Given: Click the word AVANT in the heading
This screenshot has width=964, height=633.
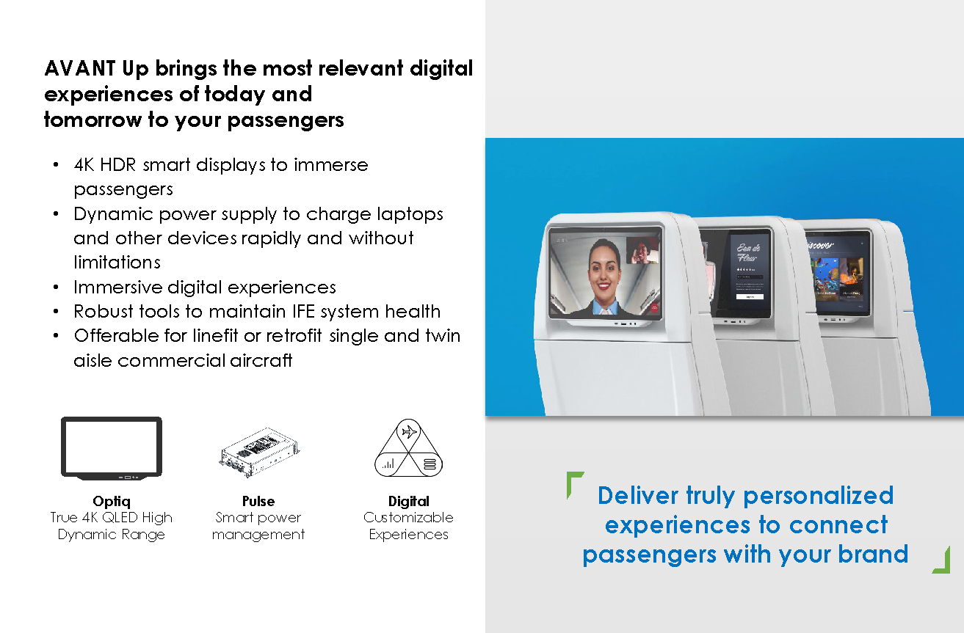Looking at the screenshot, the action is tap(80, 68).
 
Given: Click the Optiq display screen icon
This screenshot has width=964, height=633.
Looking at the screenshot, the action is tap(112, 448).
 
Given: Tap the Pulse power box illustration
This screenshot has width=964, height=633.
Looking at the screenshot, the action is tap(259, 453).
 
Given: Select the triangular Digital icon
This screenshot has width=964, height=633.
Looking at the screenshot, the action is tap(408, 448).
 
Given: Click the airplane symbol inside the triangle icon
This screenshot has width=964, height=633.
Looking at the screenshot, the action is tap(409, 431).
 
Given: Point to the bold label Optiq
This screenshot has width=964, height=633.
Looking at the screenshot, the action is tap(112, 502).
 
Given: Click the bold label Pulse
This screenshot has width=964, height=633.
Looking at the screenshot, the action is tap(258, 501).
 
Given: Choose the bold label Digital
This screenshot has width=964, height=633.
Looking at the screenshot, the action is tap(409, 502).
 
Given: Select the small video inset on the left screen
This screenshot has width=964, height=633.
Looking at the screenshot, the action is tap(642, 250).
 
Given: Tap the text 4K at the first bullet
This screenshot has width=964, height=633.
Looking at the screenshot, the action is tap(84, 165).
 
